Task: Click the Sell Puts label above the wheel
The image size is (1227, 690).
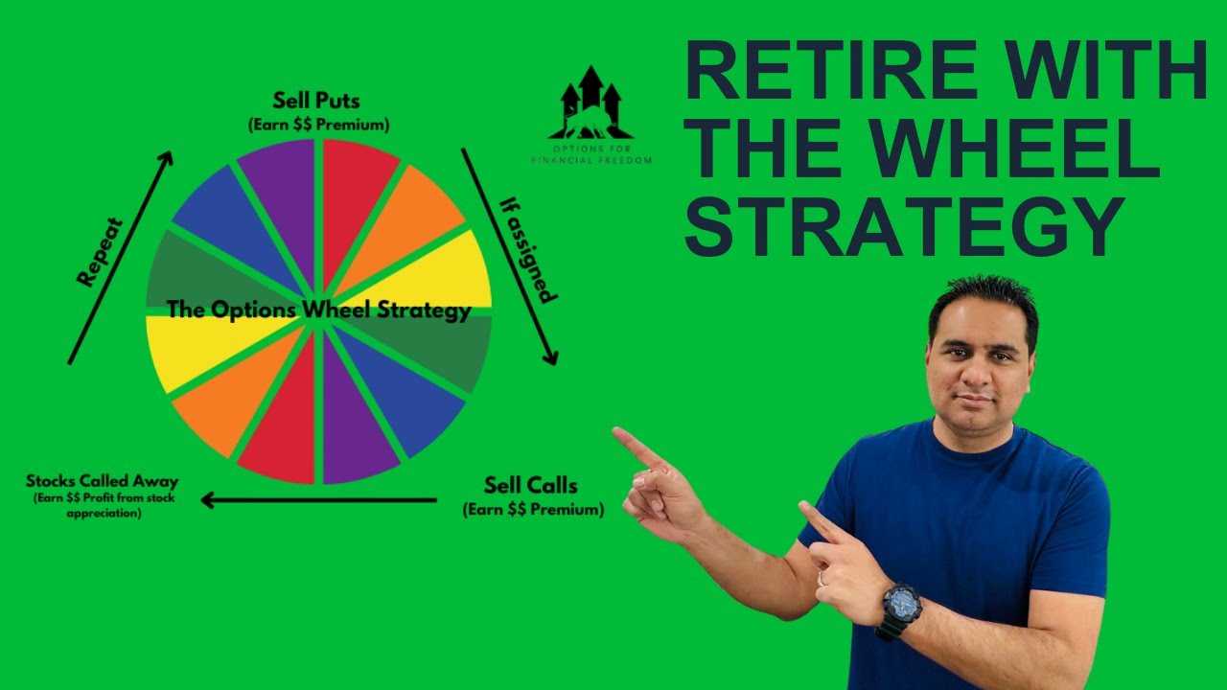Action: click(x=316, y=101)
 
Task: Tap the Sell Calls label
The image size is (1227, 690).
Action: click(x=530, y=485)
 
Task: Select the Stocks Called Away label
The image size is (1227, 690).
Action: click(x=102, y=481)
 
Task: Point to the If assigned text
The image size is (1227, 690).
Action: click(x=528, y=249)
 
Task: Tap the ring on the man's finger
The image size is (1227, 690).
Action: click(x=821, y=578)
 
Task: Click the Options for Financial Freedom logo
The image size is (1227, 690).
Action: click(x=590, y=115)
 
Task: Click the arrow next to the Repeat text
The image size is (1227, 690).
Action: click(x=121, y=257)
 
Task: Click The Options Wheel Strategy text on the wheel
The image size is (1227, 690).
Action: click(x=318, y=310)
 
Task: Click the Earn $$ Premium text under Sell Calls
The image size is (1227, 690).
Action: click(x=533, y=510)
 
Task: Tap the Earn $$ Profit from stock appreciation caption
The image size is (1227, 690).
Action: click(x=103, y=505)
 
